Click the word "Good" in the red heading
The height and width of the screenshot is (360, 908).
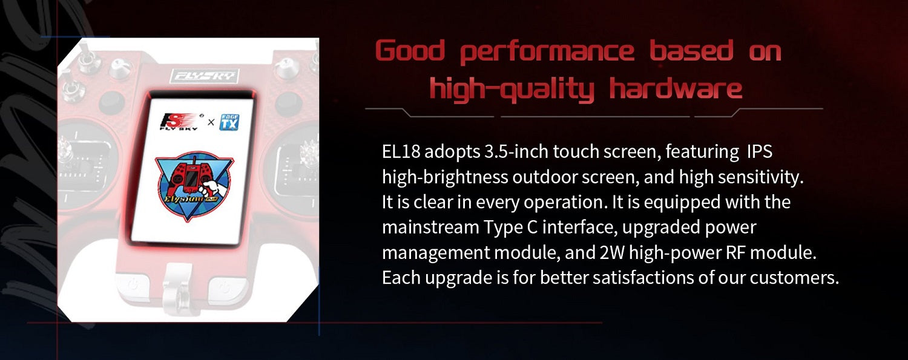click(x=410, y=52)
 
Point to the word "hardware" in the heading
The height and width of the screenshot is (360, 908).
click(x=676, y=89)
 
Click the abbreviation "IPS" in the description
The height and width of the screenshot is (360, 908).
click(x=760, y=151)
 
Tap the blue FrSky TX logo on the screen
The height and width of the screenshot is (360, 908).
click(x=228, y=122)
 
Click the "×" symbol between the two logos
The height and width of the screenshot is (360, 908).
click(x=211, y=123)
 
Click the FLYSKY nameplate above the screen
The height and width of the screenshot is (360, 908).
click(x=206, y=76)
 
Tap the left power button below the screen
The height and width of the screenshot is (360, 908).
click(x=134, y=283)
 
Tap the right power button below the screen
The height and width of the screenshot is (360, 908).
click(x=223, y=284)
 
